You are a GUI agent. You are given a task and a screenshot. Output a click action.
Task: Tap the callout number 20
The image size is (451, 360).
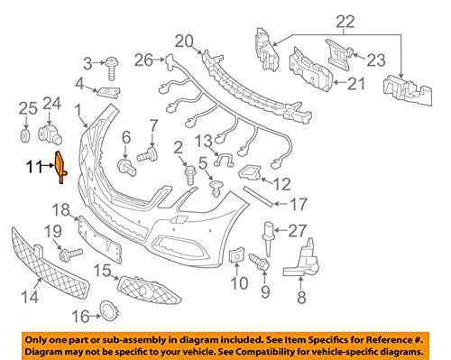pyautogui.click(x=184, y=41)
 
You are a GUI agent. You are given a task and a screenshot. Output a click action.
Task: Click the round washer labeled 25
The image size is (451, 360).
pyautogui.click(x=25, y=137)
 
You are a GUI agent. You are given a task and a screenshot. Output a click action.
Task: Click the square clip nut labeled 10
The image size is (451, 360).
pyautogui.click(x=235, y=258)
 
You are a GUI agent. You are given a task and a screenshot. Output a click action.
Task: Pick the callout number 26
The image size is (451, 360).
pyautogui.click(x=142, y=60)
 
